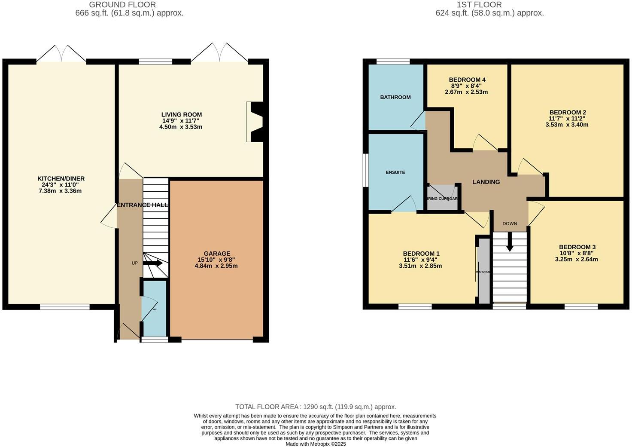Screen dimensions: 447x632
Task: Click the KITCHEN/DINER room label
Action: [x=61, y=178]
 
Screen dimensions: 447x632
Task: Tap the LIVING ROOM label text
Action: [x=181, y=115]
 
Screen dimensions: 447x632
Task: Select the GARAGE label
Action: [x=217, y=254]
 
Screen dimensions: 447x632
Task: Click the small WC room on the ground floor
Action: [x=154, y=309]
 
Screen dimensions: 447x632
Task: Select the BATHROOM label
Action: [x=395, y=97]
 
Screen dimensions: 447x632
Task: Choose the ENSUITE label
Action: [x=395, y=172]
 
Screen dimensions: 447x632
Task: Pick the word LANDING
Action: [x=486, y=182]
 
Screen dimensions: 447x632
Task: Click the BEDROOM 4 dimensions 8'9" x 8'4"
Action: [x=467, y=86]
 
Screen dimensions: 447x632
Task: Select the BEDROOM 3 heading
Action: [x=577, y=247]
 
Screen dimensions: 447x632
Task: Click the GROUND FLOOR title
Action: [x=122, y=5]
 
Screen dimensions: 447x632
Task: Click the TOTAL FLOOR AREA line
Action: [x=316, y=407]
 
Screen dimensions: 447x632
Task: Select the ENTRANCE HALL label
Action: [x=143, y=205]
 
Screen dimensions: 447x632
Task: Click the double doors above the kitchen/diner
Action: [x=61, y=54]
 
